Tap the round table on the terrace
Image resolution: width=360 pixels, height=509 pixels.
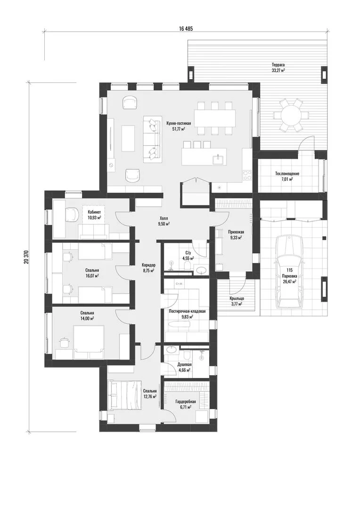(291, 115)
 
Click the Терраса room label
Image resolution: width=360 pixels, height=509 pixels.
(278, 65)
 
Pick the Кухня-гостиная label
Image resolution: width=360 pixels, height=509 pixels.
(179, 123)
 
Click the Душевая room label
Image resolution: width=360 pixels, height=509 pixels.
(184, 364)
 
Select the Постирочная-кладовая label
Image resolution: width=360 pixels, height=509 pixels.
(188, 311)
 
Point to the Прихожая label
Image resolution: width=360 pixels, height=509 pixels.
(236, 232)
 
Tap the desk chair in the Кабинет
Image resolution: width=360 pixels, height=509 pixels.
(72, 214)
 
